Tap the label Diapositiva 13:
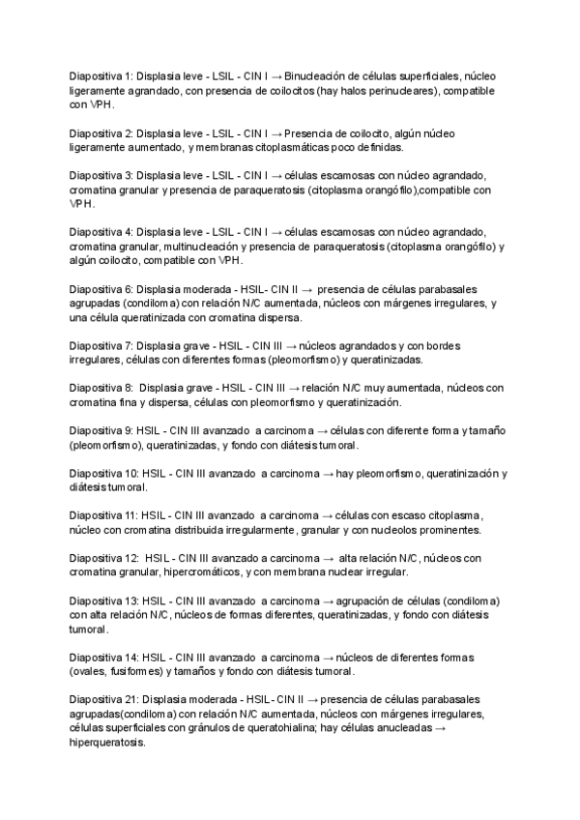(103, 600)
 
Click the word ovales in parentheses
(90, 671)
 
